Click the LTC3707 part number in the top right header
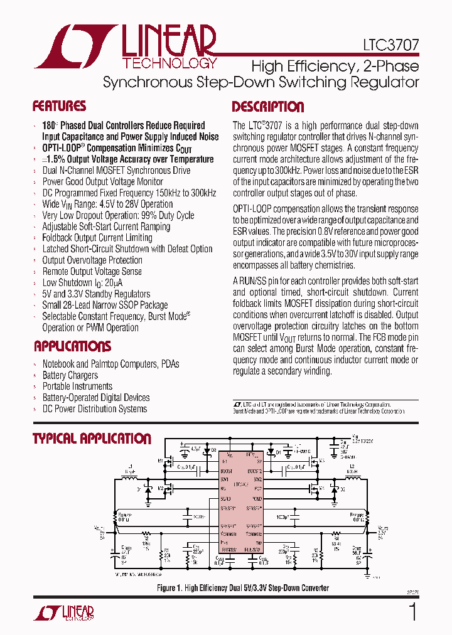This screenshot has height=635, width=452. pos(390,46)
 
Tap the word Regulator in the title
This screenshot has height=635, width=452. pos(386,82)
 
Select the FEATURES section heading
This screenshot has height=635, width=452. pos(59,106)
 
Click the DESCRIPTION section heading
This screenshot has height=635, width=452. pos(268,107)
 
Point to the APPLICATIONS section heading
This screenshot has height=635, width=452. pos(72,346)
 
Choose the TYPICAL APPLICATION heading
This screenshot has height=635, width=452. pos(92,439)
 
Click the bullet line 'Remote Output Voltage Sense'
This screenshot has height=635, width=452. pos(92,272)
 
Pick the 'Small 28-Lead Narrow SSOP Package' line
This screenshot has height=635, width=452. pos(105,306)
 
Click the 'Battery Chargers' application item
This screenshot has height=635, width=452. pos(70,375)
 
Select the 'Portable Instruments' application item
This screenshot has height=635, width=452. pos(77,387)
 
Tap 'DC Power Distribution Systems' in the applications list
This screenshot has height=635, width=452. pos(94,409)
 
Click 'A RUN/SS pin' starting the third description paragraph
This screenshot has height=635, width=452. pos(259,281)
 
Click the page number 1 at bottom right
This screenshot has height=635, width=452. pos(412,611)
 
